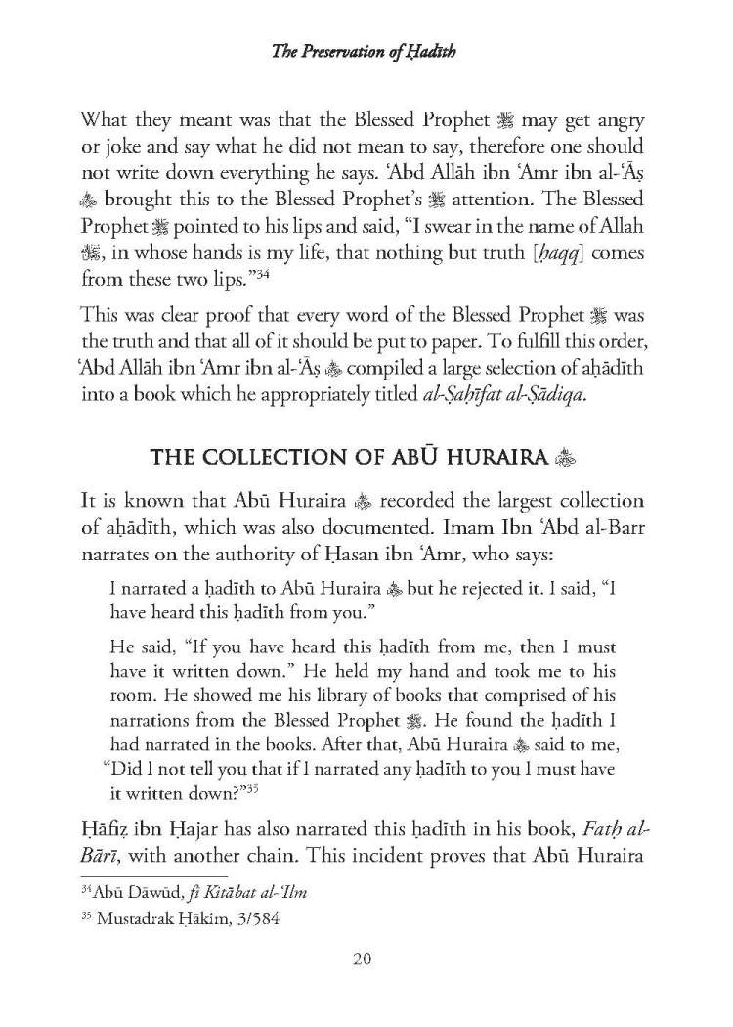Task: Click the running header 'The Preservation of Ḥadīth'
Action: point(366,55)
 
